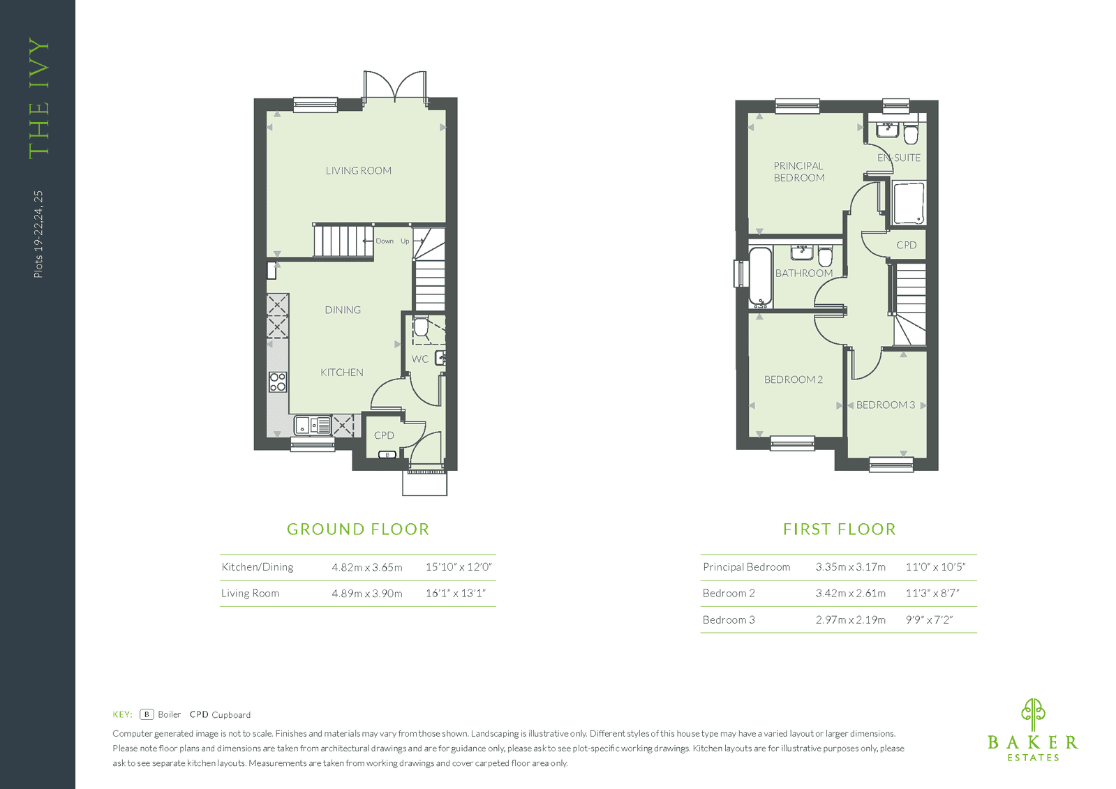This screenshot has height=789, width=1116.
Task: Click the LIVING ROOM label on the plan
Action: (x=358, y=171)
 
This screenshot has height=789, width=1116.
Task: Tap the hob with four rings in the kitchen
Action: (x=278, y=382)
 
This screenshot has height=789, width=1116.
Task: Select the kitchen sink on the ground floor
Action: (x=313, y=426)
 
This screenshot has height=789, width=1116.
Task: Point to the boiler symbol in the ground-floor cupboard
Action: (x=387, y=454)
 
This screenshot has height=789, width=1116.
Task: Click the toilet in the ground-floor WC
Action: (x=421, y=326)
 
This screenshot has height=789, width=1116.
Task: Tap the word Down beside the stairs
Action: (x=385, y=241)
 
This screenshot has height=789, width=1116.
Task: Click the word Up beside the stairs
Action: (x=405, y=241)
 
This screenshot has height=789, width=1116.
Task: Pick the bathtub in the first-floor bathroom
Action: (x=760, y=277)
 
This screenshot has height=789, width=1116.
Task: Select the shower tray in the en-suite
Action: (x=909, y=204)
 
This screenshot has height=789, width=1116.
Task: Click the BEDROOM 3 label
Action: (x=885, y=405)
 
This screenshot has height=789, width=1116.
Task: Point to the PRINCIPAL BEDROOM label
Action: (x=798, y=172)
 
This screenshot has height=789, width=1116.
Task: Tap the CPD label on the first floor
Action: (x=906, y=245)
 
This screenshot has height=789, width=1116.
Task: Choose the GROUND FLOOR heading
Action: (x=358, y=529)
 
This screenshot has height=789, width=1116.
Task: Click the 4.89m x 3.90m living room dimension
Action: (x=367, y=593)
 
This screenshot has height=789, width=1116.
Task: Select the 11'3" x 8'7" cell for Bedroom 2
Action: (x=932, y=593)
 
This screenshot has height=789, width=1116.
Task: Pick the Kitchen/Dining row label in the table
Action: (x=257, y=567)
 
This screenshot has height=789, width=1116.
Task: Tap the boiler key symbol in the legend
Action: (x=147, y=714)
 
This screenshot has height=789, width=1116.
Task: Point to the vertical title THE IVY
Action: (x=39, y=98)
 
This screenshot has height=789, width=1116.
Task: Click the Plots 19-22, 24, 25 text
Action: (x=38, y=234)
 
